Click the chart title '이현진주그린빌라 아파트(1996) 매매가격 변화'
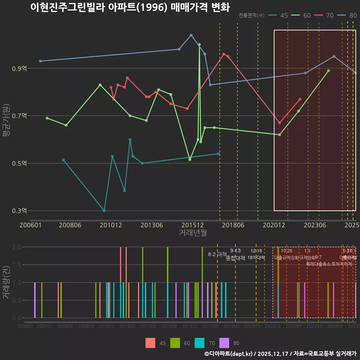point(130,7)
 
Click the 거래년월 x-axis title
point(193,233)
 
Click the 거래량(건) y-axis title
point(6,282)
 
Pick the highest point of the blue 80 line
point(191,35)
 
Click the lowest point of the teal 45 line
point(104,211)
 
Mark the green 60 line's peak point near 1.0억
point(199,45)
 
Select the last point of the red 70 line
point(300,99)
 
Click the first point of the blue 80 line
point(40,61)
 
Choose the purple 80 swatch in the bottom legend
point(224,343)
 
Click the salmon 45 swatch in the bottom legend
point(150,343)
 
